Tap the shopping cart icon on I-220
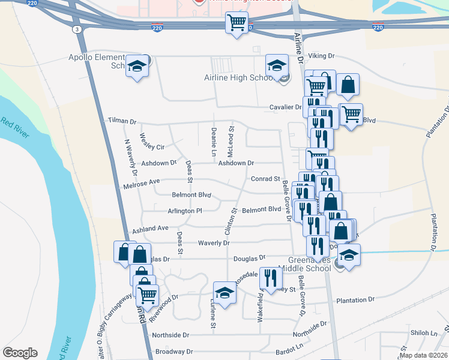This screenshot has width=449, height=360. [237, 23]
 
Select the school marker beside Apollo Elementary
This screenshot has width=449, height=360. [137, 67]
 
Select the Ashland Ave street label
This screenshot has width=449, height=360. [150, 229]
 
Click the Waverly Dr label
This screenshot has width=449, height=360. [214, 243]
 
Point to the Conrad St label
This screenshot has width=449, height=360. [265, 179]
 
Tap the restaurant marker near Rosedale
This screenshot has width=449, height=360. [270, 277]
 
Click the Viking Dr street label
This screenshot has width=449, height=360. [321, 56]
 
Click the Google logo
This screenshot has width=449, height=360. [20, 353]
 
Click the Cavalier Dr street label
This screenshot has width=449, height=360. [285, 107]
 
